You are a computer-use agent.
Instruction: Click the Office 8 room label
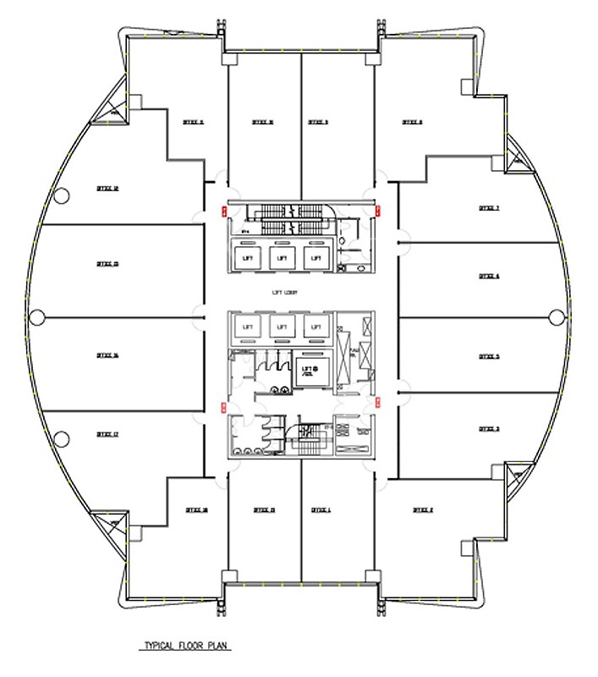pos(412,122)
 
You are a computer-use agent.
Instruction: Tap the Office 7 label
pos(489,207)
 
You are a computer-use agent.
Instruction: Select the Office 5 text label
pos(489,357)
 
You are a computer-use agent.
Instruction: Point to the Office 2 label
pos(422,509)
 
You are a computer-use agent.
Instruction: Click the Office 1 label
pos(321,509)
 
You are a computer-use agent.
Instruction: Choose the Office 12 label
pos(107,189)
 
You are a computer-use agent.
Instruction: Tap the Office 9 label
pos(318,122)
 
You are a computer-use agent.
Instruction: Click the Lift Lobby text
pos(285,294)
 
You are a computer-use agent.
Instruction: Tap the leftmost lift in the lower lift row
pos(248,326)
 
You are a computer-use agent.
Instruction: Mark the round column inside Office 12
pos(61,195)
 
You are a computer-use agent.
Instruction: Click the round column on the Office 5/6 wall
pos(556,317)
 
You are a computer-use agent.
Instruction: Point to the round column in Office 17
pos(61,438)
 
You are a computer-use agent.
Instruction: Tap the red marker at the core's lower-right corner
pos(376,405)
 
